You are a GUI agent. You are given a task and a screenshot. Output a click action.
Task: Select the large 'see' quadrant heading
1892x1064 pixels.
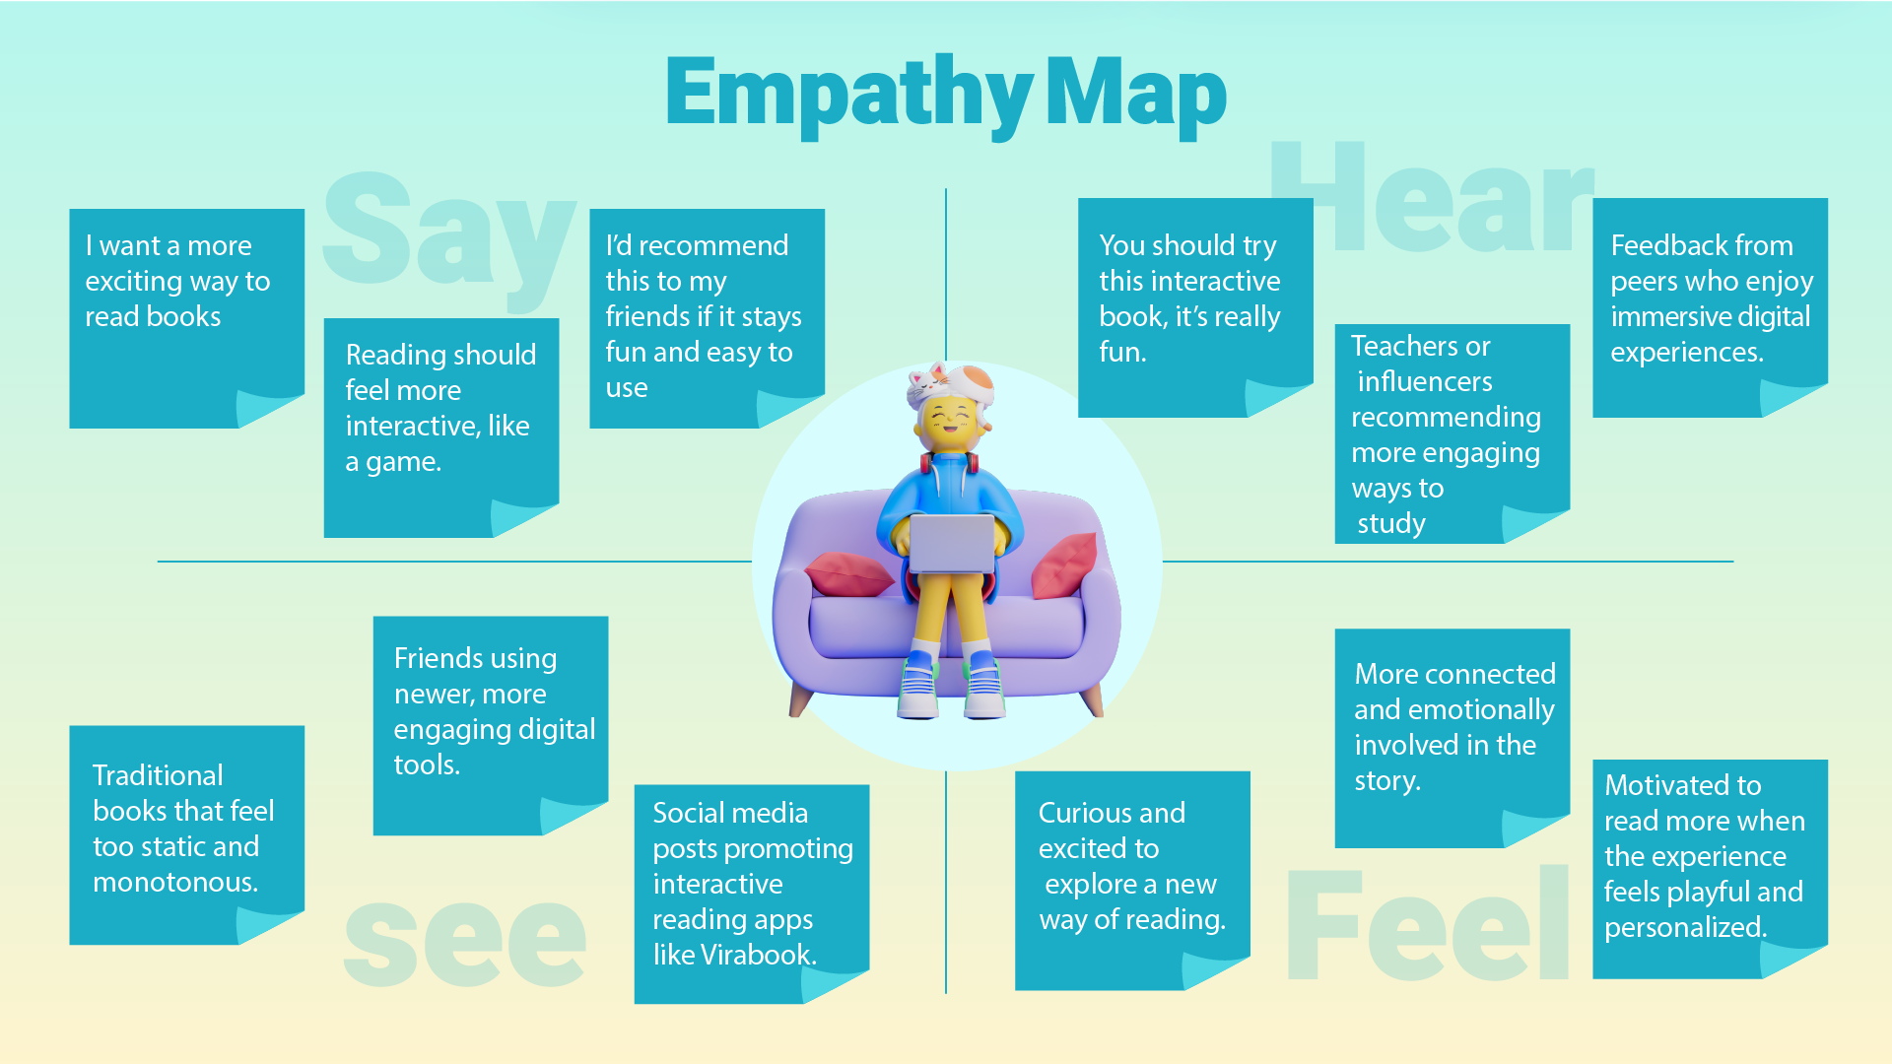465,941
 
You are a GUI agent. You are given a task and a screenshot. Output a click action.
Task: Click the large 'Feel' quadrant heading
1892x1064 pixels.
1429,923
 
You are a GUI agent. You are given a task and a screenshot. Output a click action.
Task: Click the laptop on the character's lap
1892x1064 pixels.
951,543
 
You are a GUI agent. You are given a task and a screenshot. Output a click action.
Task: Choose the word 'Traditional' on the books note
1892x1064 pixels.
158,775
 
